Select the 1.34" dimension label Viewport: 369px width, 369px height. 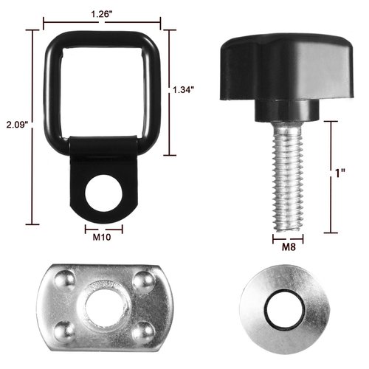pyautogui.click(x=182, y=89)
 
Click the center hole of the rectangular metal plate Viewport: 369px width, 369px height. pyautogui.click(x=100, y=303)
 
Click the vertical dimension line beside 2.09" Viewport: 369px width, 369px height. pyautogui.click(x=32, y=125)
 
